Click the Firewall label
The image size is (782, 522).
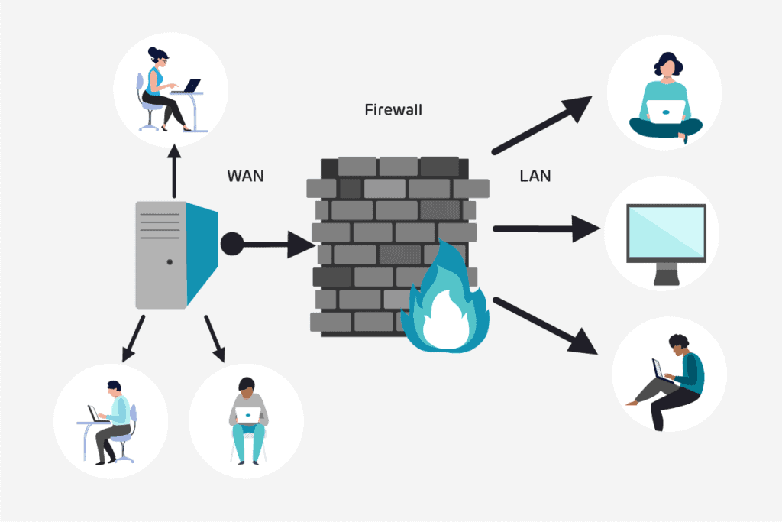point(393,110)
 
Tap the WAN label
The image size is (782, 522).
point(245,176)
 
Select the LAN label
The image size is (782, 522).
point(535,176)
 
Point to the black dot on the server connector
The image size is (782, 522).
point(232,245)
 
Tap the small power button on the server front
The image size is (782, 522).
point(169,262)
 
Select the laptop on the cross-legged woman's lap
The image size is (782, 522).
point(665,110)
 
